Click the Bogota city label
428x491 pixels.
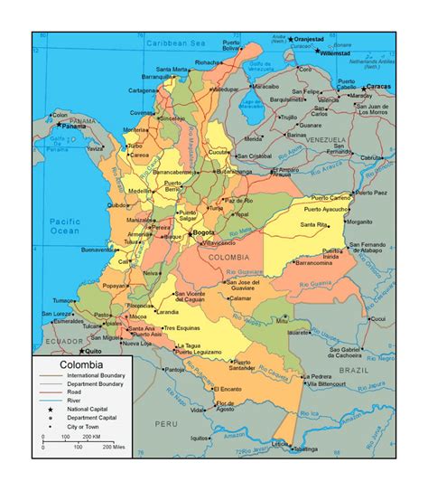[204, 233]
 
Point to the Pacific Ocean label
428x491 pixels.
[64, 226]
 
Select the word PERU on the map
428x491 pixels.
[164, 423]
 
